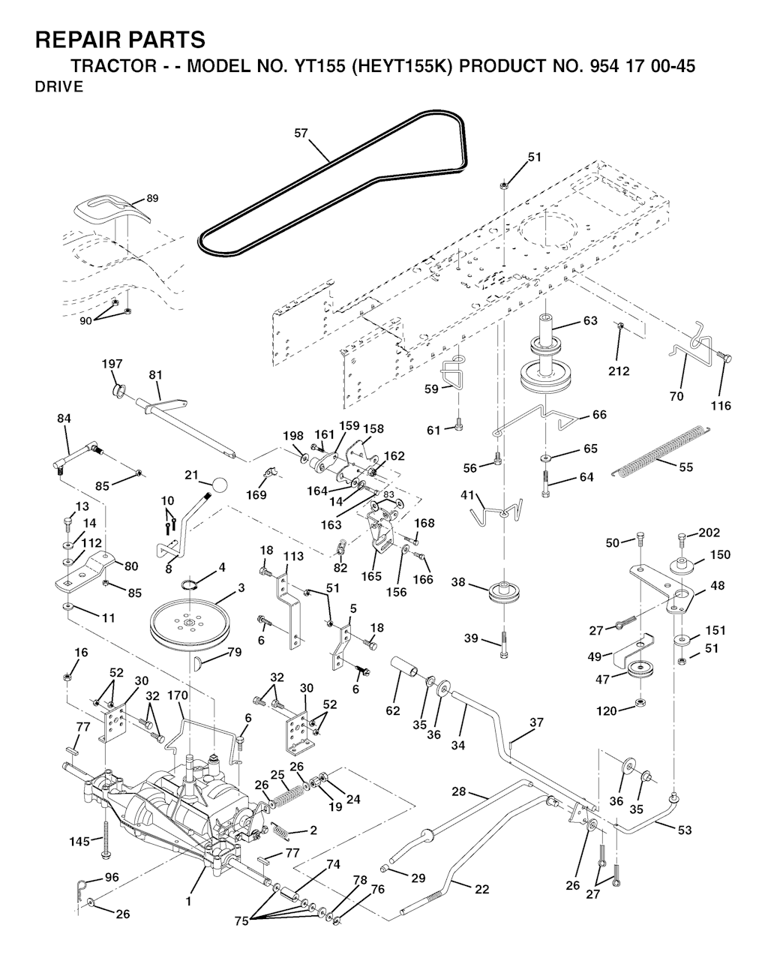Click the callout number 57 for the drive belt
coord(301,134)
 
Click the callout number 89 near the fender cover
coord(152,199)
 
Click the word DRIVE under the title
coord(58,87)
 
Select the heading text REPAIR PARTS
coord(120,39)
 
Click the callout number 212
coord(619,371)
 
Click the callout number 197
coord(112,364)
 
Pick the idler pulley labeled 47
coord(642,670)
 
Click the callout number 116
coord(721,406)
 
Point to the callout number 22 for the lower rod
coord(482,889)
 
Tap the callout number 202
coord(709,533)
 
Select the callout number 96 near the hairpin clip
coord(112,876)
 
